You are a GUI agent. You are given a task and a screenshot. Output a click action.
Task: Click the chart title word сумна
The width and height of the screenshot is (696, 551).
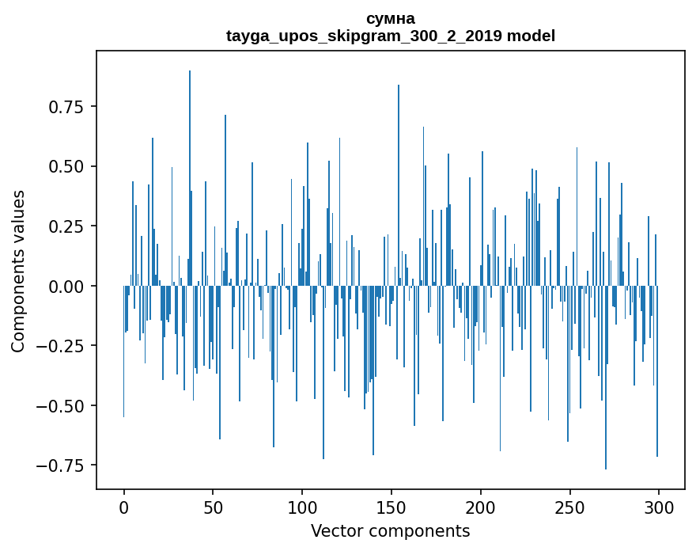pyautogui.click(x=390, y=19)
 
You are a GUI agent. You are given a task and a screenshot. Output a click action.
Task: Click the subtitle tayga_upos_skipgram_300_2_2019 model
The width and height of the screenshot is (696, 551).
pyautogui.click(x=390, y=36)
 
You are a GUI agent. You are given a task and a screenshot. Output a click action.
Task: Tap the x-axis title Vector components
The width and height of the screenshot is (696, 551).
pyautogui.click(x=390, y=530)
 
